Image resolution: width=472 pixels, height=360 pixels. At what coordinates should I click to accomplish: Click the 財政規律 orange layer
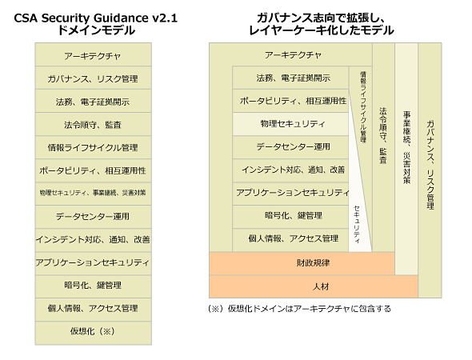tap(302, 263)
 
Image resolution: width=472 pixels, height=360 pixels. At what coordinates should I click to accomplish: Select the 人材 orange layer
tap(314, 286)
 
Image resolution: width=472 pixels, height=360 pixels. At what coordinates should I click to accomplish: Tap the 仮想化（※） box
tap(94, 333)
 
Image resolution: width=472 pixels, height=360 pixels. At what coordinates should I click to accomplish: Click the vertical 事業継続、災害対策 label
tap(406, 147)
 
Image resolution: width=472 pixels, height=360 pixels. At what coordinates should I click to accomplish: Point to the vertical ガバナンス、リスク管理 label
tap(430, 165)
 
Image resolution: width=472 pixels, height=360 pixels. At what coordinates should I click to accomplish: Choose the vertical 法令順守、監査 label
tap(383, 135)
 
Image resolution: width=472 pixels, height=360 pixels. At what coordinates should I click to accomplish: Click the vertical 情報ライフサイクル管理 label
tap(363, 107)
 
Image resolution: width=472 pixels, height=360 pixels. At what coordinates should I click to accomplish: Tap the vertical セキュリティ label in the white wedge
tap(357, 224)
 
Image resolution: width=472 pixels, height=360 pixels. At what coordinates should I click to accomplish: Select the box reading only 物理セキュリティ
tap(290, 124)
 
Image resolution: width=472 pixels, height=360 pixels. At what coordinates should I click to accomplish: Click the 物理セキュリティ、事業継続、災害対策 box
tap(94, 194)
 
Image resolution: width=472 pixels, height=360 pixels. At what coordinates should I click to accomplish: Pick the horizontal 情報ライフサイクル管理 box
tap(94, 147)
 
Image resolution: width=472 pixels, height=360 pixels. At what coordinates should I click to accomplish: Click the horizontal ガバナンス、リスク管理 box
tap(94, 78)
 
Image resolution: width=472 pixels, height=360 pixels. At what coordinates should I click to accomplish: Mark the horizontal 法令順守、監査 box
tap(94, 124)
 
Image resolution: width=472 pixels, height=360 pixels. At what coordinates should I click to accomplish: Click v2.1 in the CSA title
tap(165, 18)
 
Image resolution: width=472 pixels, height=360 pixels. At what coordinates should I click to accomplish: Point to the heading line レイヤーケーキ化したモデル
tap(321, 30)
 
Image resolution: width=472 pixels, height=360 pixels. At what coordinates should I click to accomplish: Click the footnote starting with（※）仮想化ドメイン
tap(299, 309)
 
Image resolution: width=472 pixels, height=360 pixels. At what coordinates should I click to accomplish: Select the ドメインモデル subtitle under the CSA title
tap(96, 30)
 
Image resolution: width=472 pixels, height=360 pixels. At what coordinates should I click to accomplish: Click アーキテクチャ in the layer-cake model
tap(293, 55)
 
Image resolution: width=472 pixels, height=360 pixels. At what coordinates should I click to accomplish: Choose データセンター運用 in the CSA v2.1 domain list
tap(94, 217)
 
